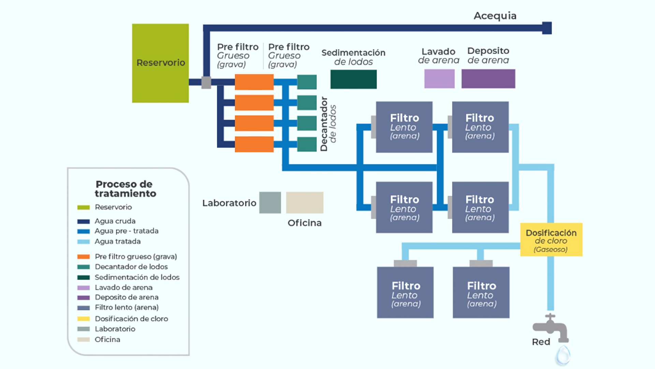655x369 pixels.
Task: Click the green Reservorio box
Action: pos(160,63)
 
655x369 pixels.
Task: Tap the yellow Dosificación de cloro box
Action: pos(551,240)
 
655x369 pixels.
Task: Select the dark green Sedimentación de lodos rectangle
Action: pos(353,79)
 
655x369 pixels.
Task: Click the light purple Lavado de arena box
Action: pos(439,79)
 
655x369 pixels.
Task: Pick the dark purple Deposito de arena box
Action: pos(488,79)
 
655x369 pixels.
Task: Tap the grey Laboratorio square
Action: pos(270,203)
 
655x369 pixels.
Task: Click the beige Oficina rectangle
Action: pos(305,203)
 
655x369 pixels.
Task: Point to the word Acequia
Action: pos(495,16)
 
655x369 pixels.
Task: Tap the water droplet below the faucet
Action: pos(563,355)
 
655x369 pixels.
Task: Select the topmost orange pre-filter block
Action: pos(254,82)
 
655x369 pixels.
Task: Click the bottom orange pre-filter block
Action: pos(254,144)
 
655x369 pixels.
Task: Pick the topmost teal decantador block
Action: pos(307,82)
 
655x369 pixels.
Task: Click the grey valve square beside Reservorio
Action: pos(206,82)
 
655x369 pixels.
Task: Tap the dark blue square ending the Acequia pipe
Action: pos(547,28)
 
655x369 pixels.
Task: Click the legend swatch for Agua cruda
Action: pos(84,221)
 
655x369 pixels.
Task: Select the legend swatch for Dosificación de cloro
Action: pos(84,319)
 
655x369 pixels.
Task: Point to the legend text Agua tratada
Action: pos(118,241)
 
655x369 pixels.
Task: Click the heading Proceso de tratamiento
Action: pos(125,189)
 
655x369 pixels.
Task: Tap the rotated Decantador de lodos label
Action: pos(328,124)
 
